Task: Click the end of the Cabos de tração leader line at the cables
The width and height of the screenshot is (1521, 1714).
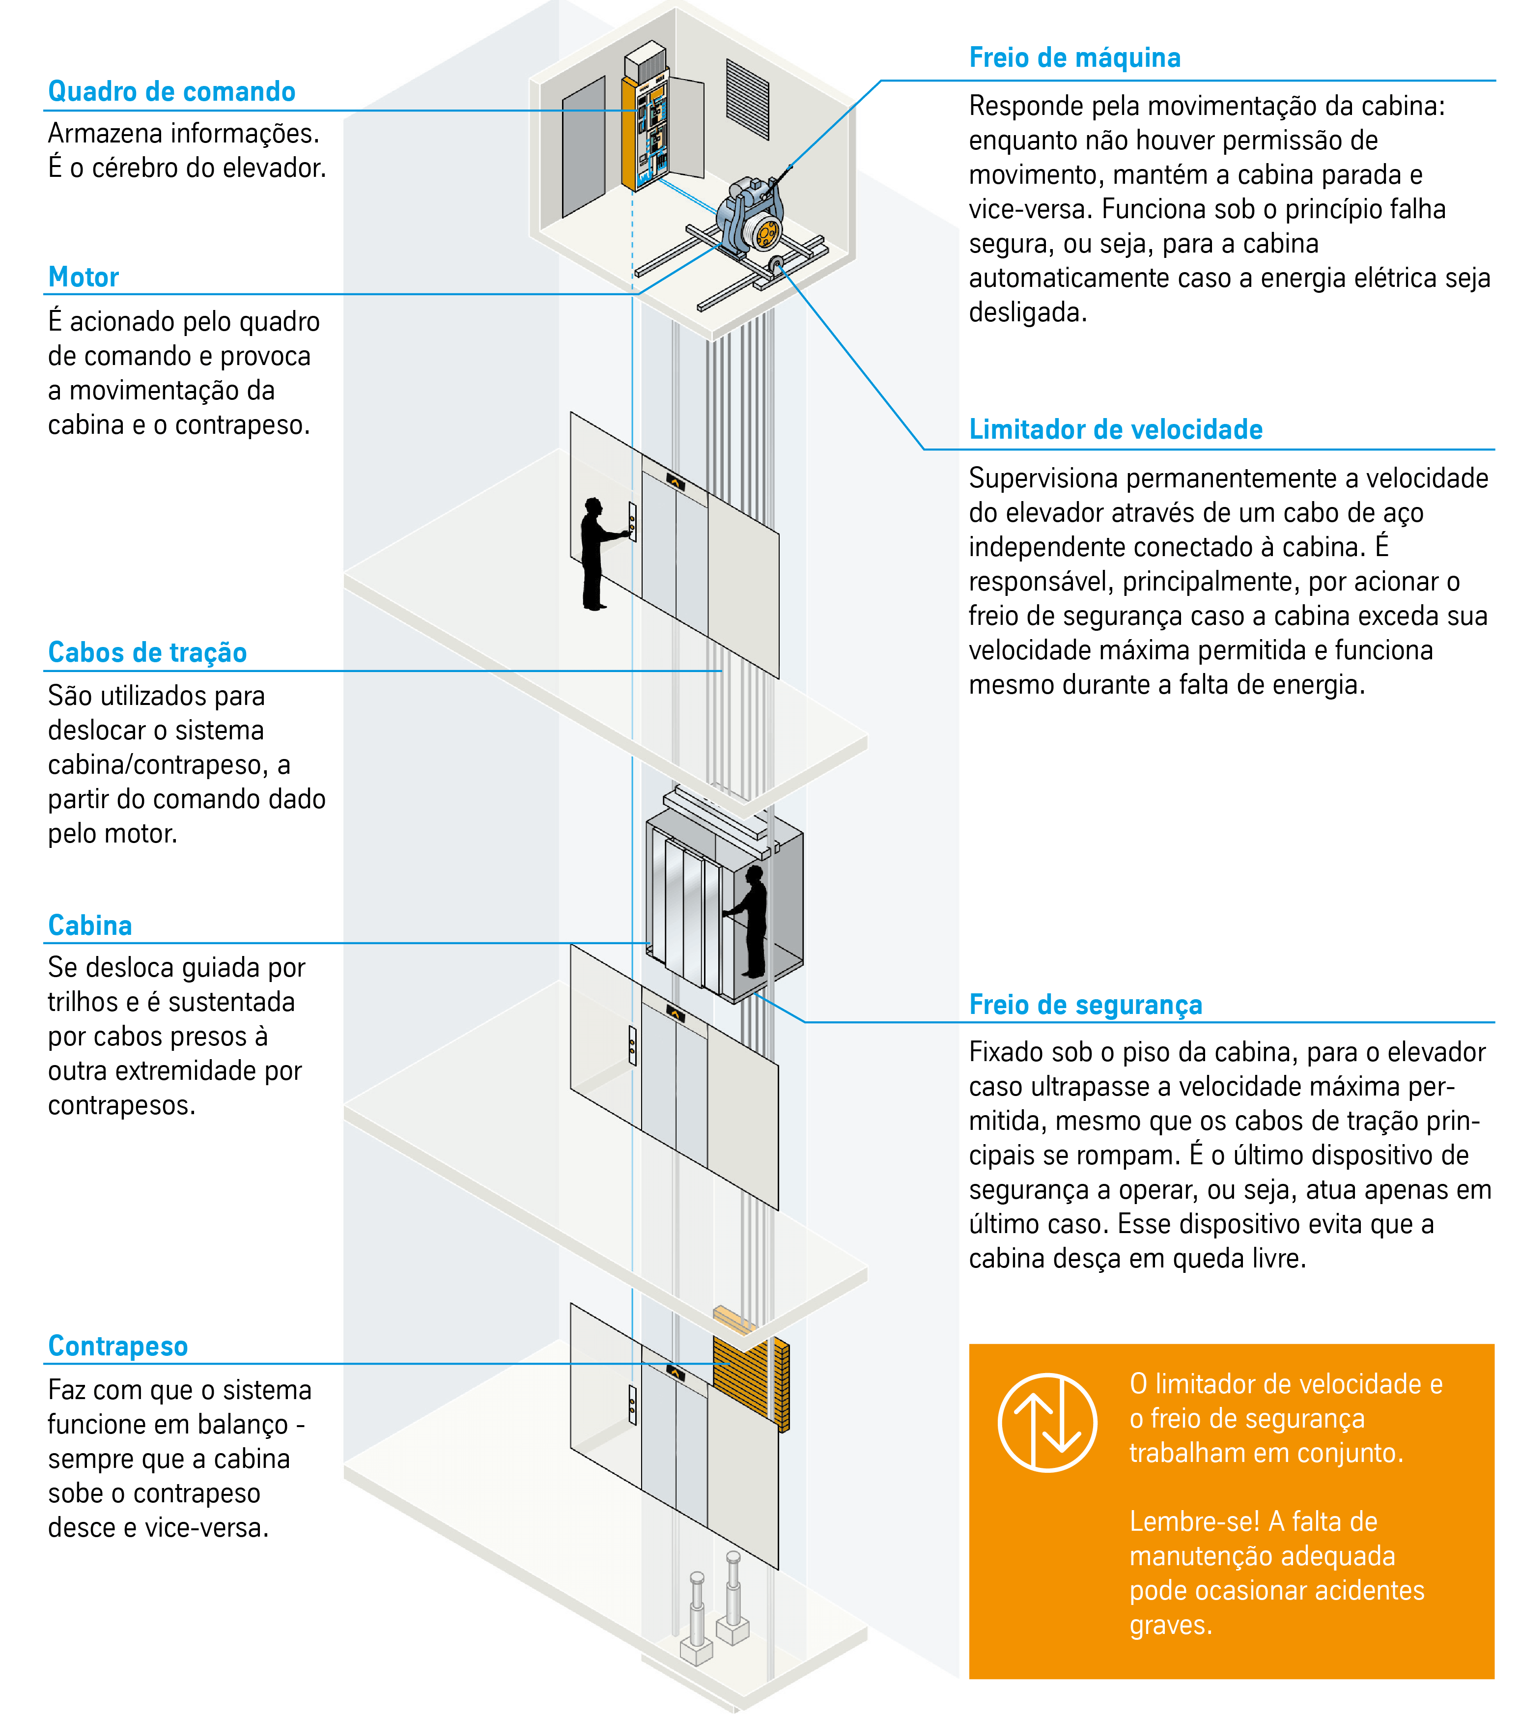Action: click(721, 671)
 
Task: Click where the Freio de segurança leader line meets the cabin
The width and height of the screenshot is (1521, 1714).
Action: click(756, 994)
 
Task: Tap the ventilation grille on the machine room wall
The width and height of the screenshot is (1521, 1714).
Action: click(747, 99)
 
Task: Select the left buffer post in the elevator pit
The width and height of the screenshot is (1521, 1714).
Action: click(696, 1618)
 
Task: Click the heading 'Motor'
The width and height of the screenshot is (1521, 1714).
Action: click(84, 277)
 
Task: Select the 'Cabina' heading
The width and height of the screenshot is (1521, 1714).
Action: click(90, 925)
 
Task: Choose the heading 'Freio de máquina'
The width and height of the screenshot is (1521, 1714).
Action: click(1075, 58)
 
